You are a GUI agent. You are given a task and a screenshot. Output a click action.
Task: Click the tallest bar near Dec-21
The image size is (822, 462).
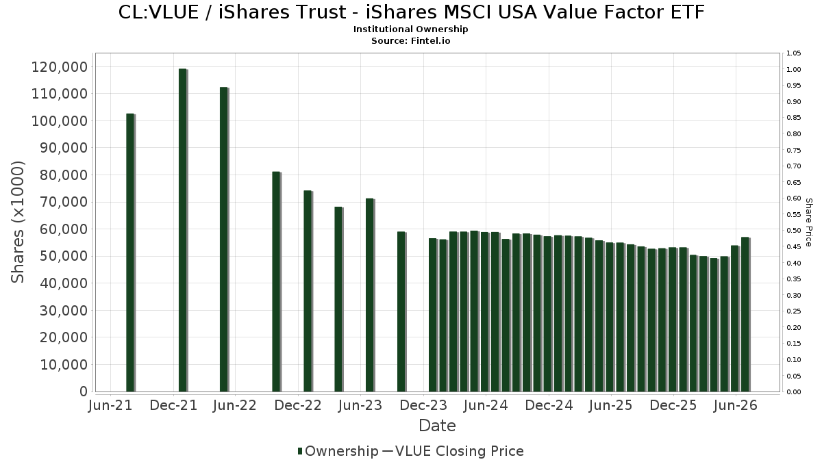point(183,230)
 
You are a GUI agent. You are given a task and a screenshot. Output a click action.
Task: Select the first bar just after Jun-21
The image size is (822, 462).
point(131,253)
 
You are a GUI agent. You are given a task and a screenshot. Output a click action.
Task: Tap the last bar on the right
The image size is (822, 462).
point(746,315)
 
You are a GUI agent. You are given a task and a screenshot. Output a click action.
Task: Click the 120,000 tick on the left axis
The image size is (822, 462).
point(60,67)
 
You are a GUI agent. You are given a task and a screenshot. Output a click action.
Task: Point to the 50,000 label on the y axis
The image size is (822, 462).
point(64,256)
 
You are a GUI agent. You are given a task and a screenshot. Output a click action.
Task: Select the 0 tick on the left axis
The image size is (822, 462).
point(84,392)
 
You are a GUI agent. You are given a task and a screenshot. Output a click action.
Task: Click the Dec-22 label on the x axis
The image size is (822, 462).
point(298,405)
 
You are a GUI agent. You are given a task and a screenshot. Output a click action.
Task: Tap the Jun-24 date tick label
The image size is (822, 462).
point(486,405)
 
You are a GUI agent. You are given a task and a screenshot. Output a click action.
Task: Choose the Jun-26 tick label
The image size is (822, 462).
point(736,405)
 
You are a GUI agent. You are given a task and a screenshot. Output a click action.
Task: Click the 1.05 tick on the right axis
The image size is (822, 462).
point(794,53)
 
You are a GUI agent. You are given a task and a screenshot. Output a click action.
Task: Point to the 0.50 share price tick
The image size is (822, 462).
point(794,231)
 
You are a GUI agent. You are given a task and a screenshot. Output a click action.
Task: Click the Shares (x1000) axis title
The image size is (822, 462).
point(17,222)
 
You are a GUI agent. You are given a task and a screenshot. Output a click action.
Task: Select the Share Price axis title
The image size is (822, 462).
point(808,222)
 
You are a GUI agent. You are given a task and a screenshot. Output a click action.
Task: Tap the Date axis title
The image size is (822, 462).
point(437,426)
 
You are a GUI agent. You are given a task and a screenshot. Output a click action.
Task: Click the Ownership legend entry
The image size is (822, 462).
point(338,451)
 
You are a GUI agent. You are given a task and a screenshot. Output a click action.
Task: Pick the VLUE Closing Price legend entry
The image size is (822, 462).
point(453,451)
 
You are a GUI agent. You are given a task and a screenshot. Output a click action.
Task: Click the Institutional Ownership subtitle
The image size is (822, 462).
point(410,29)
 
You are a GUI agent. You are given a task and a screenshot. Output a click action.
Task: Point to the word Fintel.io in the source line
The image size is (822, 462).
point(430,40)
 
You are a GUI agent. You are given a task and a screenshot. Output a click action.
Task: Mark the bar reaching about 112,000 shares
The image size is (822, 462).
point(224,240)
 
